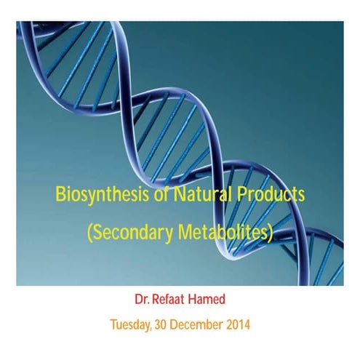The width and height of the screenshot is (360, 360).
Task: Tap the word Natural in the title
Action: tap(205, 195)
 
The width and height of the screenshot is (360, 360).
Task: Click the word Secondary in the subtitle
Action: tap(132, 233)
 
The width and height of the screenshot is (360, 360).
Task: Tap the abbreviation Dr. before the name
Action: tap(142, 299)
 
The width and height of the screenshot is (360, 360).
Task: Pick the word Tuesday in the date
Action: tap(132, 324)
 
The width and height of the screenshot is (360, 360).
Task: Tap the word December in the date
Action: tap(198, 324)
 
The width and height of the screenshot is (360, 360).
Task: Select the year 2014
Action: tap(238, 324)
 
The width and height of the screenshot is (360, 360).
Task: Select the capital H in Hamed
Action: tap(193, 299)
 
